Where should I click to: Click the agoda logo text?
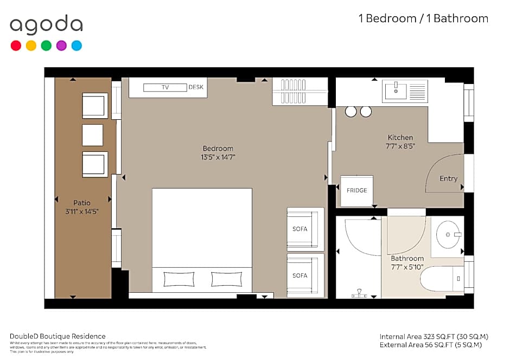(x=46, y=25)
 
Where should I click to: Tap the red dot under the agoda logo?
(x=16, y=46)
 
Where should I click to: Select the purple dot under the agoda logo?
(x=61, y=46)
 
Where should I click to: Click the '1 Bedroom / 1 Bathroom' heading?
(x=423, y=18)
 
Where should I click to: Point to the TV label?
(x=165, y=87)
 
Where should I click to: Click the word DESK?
(x=195, y=87)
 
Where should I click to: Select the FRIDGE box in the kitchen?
(x=356, y=190)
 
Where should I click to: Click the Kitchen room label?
(x=400, y=138)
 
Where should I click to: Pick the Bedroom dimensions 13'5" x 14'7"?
(x=218, y=157)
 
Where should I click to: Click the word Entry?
(x=448, y=178)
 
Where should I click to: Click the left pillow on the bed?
(x=178, y=279)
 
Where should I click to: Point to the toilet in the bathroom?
(x=442, y=279)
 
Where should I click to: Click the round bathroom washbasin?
(x=449, y=235)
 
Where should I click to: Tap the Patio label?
(x=82, y=203)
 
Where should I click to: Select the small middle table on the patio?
(x=92, y=135)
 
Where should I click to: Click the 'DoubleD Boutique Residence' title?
(x=58, y=336)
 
